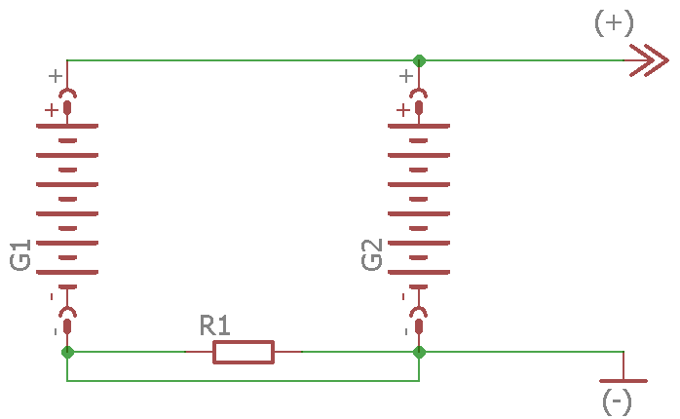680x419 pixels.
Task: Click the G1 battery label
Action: point(20,255)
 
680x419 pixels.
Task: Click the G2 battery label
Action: point(372,255)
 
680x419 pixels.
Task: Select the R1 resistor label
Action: point(214,324)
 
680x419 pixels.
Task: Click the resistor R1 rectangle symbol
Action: point(244,352)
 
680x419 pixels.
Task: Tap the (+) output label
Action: point(614,23)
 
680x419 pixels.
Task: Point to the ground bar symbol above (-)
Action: point(623,380)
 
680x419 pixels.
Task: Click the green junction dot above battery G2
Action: point(419,60)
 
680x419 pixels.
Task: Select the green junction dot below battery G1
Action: point(67,352)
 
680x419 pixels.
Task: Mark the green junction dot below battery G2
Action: point(419,352)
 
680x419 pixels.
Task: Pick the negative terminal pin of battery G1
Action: point(67,314)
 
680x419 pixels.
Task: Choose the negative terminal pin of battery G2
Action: point(419,314)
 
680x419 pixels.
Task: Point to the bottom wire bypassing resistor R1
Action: point(244,380)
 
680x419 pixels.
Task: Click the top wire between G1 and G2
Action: point(244,60)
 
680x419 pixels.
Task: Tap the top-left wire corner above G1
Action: point(67,60)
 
